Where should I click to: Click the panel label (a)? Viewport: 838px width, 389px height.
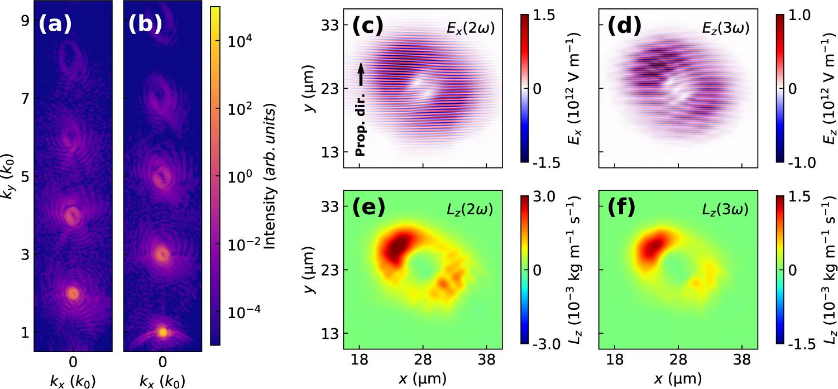point(54,24)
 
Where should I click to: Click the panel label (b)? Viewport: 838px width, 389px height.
point(144,24)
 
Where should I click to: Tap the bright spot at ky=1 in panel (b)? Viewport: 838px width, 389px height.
point(162,332)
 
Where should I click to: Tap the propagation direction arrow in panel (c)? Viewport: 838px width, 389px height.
point(361,74)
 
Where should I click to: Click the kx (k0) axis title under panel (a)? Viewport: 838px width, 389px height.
point(73,381)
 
